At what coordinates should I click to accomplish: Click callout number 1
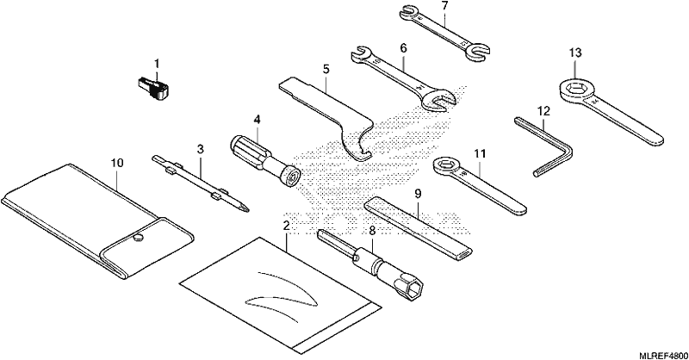(x=157, y=64)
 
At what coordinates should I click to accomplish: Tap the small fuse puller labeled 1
(x=153, y=87)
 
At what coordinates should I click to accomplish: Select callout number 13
(x=575, y=53)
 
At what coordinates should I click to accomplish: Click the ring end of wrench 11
(x=445, y=166)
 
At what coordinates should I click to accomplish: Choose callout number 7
(x=444, y=6)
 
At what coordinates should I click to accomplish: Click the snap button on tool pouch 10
(x=139, y=238)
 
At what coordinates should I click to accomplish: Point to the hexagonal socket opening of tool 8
(x=414, y=290)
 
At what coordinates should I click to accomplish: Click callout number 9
(x=418, y=194)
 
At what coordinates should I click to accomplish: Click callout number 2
(x=287, y=226)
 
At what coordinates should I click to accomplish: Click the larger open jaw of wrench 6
(x=438, y=99)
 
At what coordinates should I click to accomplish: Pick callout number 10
(x=117, y=163)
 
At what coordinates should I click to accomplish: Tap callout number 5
(x=326, y=69)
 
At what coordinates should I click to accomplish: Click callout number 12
(x=543, y=111)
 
